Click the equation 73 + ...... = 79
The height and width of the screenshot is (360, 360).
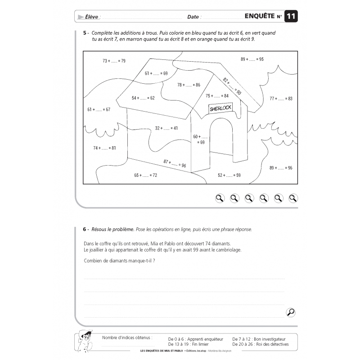coord(114,61)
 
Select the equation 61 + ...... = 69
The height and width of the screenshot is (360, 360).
coord(156,73)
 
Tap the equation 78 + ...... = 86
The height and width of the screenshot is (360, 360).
coord(189,85)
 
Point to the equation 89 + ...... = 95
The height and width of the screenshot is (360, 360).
coord(252,59)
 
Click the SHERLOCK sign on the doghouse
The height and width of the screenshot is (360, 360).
coord(220,108)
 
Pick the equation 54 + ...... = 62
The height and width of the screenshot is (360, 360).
coord(143,98)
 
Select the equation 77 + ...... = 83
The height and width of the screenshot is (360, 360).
coord(281,98)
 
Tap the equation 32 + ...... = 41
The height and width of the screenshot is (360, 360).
coord(166,128)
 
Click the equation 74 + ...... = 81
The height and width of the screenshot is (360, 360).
coord(104,148)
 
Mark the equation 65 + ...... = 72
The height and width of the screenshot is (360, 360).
coord(145,175)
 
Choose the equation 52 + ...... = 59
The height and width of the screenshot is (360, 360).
coord(229,175)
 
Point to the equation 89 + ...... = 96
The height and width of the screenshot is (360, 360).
coord(281,168)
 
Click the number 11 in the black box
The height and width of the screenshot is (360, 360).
coord(291,17)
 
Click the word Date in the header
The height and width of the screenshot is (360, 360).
coord(193,17)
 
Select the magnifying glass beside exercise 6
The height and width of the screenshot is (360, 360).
coord(291,312)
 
